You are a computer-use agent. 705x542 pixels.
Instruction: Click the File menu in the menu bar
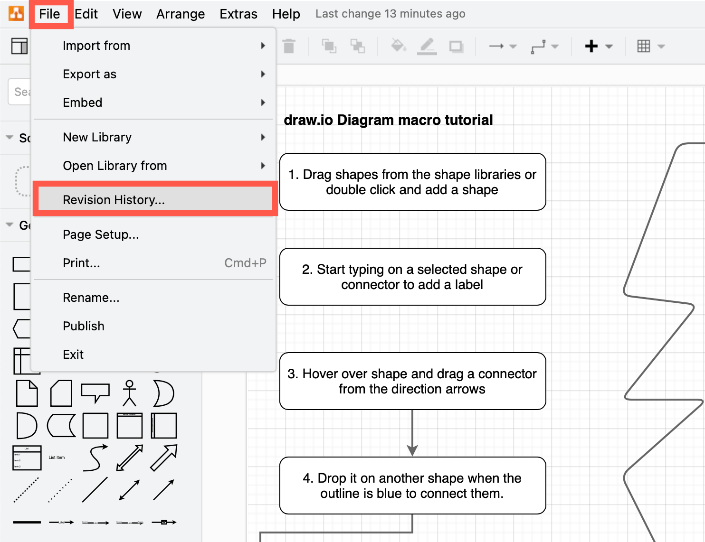(49, 14)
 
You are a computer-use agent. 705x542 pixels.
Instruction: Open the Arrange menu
(181, 14)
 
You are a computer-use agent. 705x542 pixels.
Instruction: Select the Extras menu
(238, 14)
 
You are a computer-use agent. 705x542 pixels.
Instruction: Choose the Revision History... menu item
(114, 200)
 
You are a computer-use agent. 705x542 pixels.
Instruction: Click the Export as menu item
(90, 74)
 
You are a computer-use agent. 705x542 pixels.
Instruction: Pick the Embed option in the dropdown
(83, 103)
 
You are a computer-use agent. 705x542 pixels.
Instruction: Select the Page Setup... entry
(101, 234)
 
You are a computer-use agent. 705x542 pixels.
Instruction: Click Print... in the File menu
(81, 263)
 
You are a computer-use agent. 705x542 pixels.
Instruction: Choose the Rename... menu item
(91, 298)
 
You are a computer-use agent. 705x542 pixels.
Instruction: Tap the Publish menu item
(84, 326)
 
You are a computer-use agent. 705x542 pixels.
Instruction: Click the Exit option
(73, 355)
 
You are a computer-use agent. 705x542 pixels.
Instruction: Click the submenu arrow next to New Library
(263, 137)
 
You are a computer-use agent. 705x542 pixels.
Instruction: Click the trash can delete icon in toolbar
(289, 46)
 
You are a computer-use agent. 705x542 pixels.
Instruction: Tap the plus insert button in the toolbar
(591, 46)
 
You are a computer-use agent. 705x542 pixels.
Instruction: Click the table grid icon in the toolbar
(644, 46)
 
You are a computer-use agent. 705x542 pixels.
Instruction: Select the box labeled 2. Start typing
(412, 277)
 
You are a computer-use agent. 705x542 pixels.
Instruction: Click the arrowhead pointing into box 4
(412, 450)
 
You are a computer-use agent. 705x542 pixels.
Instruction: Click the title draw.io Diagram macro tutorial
(388, 120)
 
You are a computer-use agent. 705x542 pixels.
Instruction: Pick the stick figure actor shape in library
(129, 393)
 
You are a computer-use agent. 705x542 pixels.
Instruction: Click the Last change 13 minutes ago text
(390, 14)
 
